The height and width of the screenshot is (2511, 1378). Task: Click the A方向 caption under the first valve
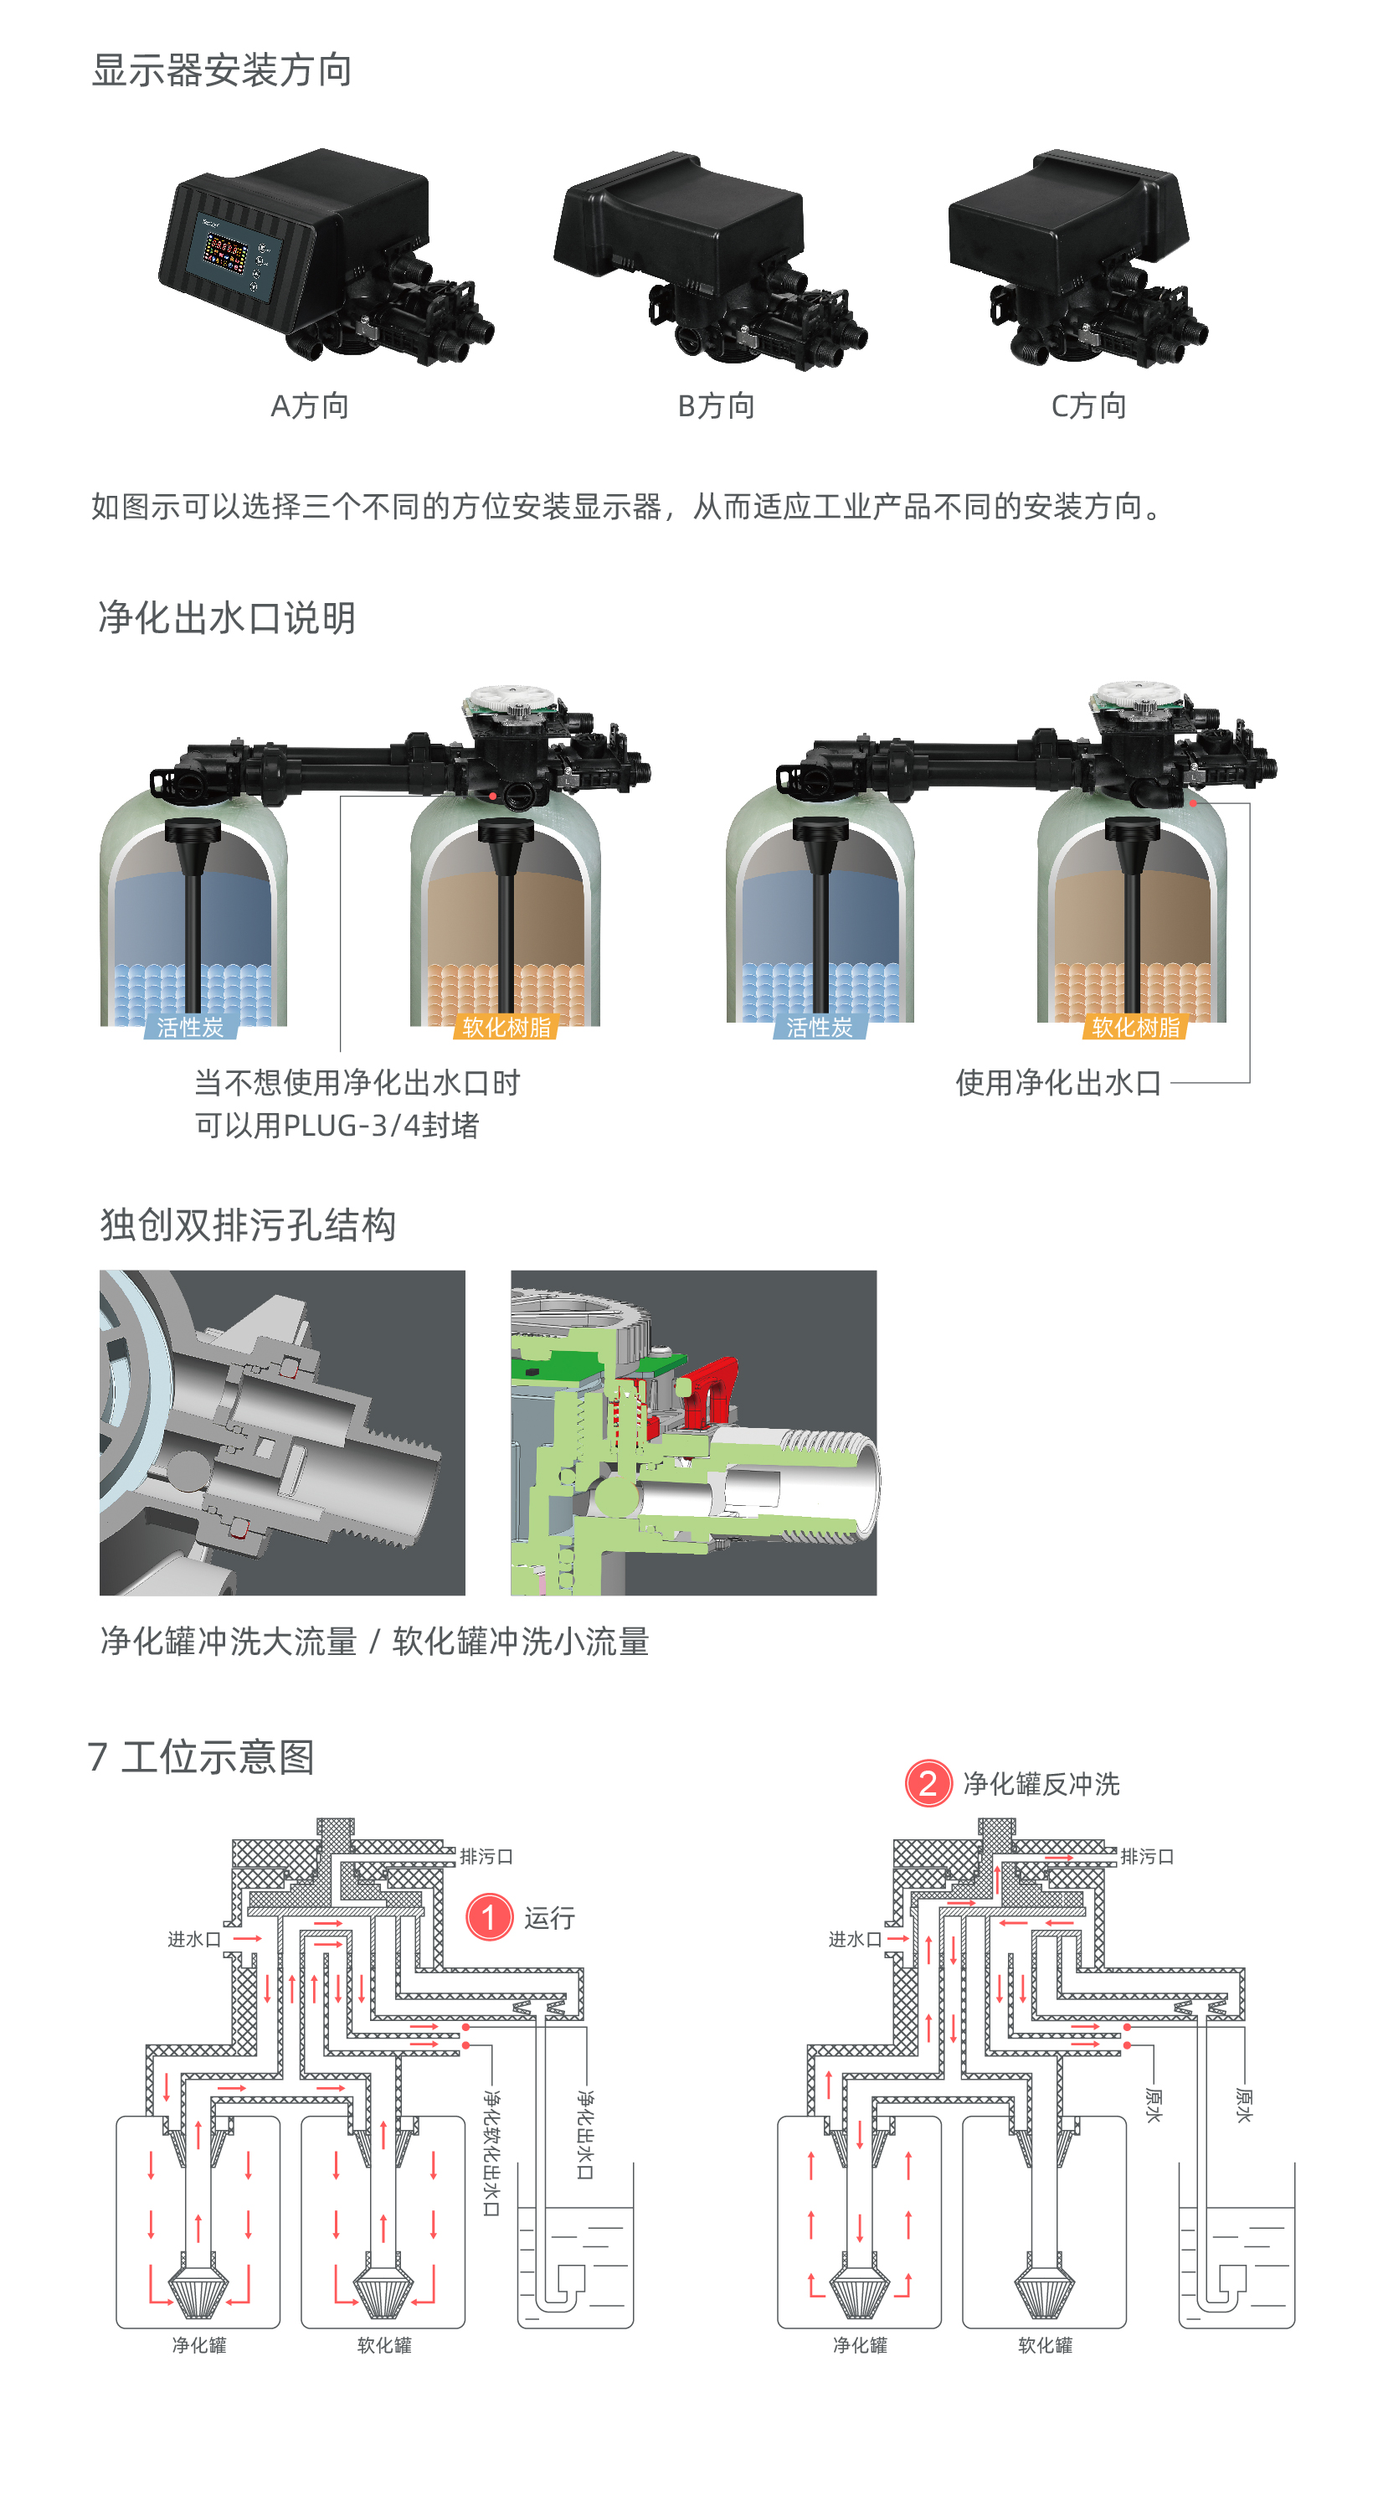[x=309, y=405]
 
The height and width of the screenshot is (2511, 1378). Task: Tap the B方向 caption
[x=717, y=405]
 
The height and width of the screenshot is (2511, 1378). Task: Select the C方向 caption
[x=1088, y=405]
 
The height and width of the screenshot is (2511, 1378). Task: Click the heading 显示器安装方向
[x=221, y=70]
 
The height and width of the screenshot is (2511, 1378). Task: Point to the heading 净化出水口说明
[x=226, y=617]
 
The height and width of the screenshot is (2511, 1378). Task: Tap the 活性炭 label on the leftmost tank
[x=190, y=1028]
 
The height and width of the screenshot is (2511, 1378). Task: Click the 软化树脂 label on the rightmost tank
[x=1135, y=1028]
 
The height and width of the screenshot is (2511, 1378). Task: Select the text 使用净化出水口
[x=1058, y=1082]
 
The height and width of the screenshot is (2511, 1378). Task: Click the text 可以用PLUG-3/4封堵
[x=337, y=1125]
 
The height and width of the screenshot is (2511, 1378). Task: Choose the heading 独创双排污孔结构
[x=248, y=1225]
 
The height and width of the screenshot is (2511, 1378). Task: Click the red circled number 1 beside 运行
[x=489, y=1917]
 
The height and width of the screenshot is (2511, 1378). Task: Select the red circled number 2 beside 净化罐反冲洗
[x=928, y=1784]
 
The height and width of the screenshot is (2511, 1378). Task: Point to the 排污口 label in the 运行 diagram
[x=486, y=1857]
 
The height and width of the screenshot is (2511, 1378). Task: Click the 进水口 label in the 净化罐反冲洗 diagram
[x=855, y=1940]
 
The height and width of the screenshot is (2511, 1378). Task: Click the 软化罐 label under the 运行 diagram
[x=384, y=2345]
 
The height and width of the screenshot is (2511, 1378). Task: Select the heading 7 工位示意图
[x=201, y=1756]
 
